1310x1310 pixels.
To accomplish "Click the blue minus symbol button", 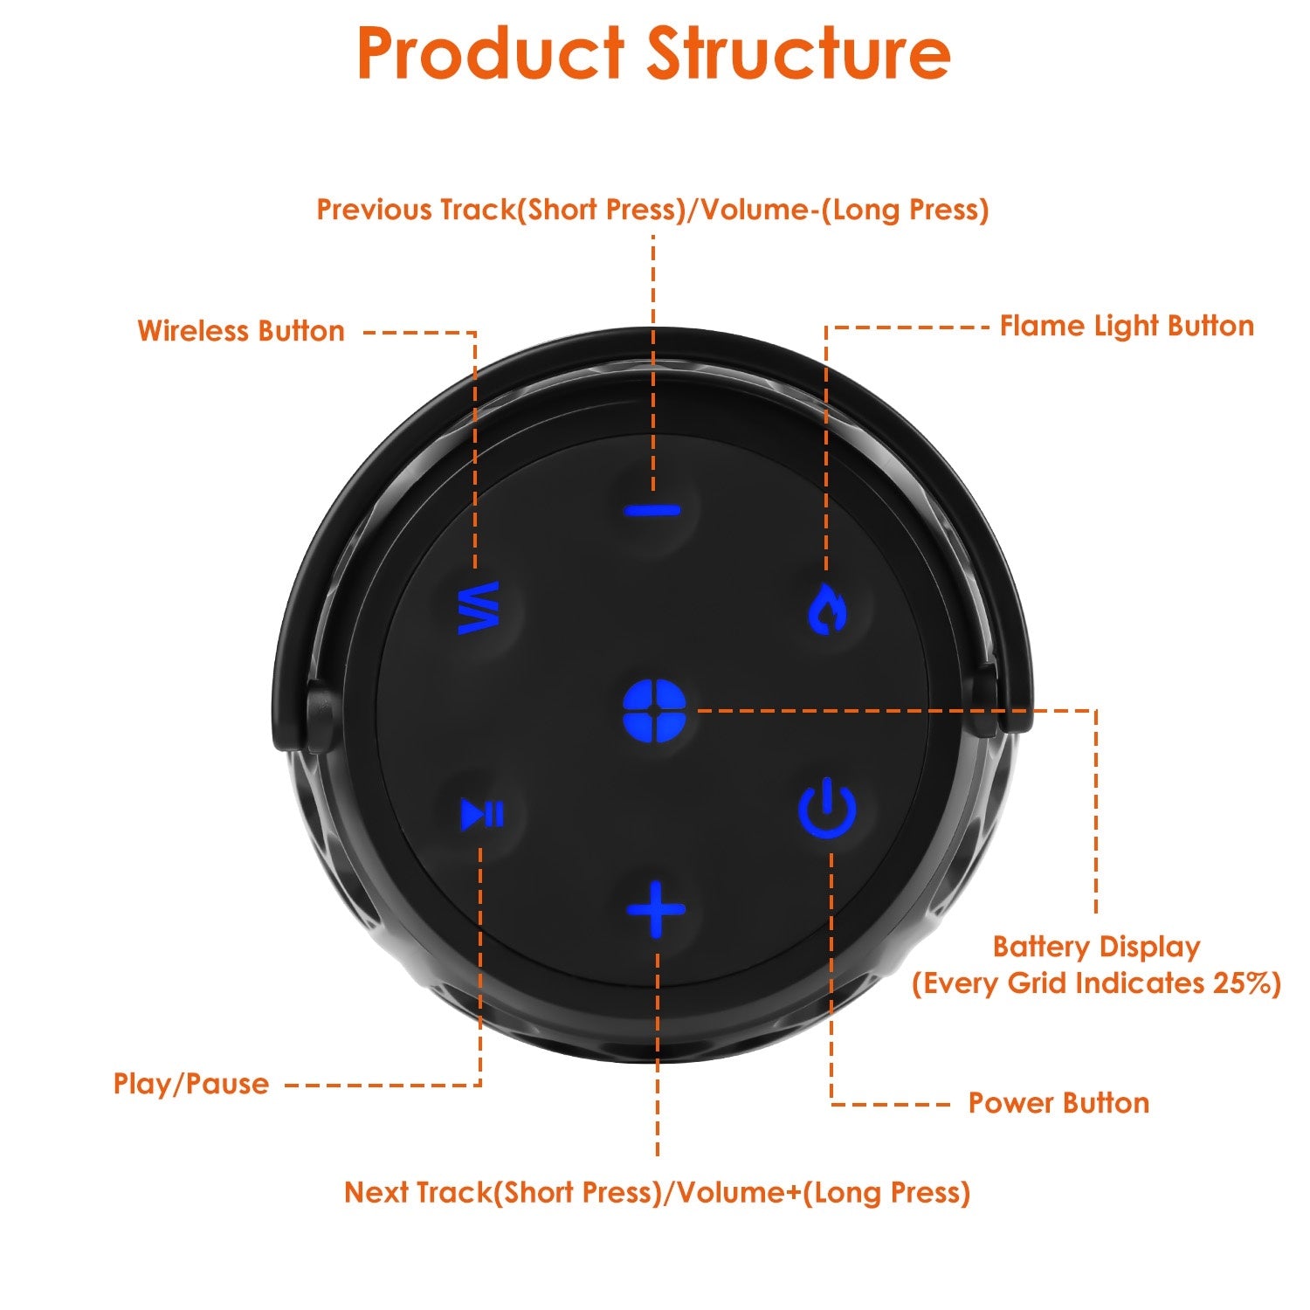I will click(652, 511).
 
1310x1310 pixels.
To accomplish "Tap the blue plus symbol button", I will click(656, 909).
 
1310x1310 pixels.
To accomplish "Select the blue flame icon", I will click(826, 609).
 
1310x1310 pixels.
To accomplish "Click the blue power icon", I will click(826, 810).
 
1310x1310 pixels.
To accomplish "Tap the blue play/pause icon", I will click(482, 814).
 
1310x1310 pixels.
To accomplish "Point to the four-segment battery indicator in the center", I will click(655, 710).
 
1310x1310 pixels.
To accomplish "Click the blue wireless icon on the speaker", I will click(479, 608).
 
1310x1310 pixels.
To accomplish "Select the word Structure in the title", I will click(798, 54).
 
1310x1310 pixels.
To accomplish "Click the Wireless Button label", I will click(241, 331).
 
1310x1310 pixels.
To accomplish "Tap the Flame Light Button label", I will click(1127, 327).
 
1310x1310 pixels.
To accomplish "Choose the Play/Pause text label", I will click(191, 1084).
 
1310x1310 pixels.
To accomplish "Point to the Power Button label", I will click(1058, 1103).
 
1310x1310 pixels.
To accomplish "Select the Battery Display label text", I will click(1096, 947).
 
